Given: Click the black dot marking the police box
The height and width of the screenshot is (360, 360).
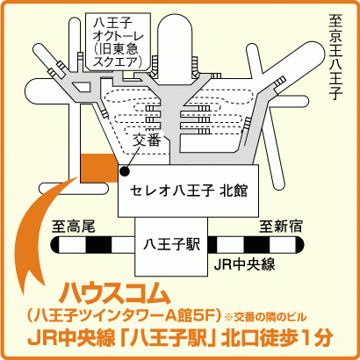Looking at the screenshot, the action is tap(125, 171).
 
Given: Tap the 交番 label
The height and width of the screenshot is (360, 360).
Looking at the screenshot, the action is tap(147, 140).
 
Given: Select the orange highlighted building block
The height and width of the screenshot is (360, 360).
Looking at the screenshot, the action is tap(99, 168).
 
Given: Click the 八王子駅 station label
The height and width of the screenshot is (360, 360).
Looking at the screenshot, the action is tap(171, 245).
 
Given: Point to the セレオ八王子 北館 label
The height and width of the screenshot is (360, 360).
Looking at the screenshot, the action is tap(189, 191).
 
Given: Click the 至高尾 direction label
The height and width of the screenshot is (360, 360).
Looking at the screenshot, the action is tap(74, 227).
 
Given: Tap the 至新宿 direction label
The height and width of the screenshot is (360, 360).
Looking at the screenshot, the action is tap(281, 227).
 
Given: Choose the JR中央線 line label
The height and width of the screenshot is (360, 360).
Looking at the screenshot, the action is tap(244, 264).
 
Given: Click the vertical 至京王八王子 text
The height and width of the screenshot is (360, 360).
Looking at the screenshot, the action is tap(335, 57).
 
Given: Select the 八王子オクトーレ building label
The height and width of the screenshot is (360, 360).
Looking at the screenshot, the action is tap(119, 43).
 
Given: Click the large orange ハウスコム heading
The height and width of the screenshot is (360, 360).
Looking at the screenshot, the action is tap(115, 293).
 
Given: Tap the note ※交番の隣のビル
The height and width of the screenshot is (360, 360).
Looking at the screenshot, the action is tap(265, 317).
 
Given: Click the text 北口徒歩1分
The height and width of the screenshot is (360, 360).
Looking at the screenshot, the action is tap(277, 338).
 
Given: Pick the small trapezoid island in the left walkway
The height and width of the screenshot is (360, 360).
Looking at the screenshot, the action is tap(82, 86).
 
